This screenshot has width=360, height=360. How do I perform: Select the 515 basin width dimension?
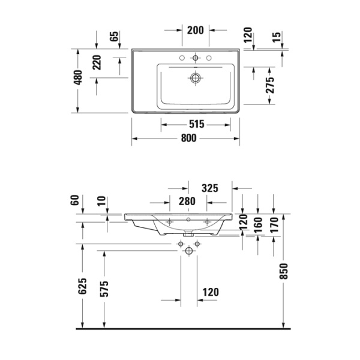(x=197, y=124)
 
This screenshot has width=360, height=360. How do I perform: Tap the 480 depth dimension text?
(x=77, y=80)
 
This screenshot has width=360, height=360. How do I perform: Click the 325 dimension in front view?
(x=209, y=188)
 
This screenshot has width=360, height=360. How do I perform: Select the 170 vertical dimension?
(x=274, y=226)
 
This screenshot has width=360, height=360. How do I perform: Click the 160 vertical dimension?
(x=259, y=226)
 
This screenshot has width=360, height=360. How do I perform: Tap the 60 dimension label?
(x=75, y=200)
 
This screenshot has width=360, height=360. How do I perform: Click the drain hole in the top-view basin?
(x=195, y=77)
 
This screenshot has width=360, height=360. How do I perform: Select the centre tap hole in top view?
(x=195, y=58)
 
